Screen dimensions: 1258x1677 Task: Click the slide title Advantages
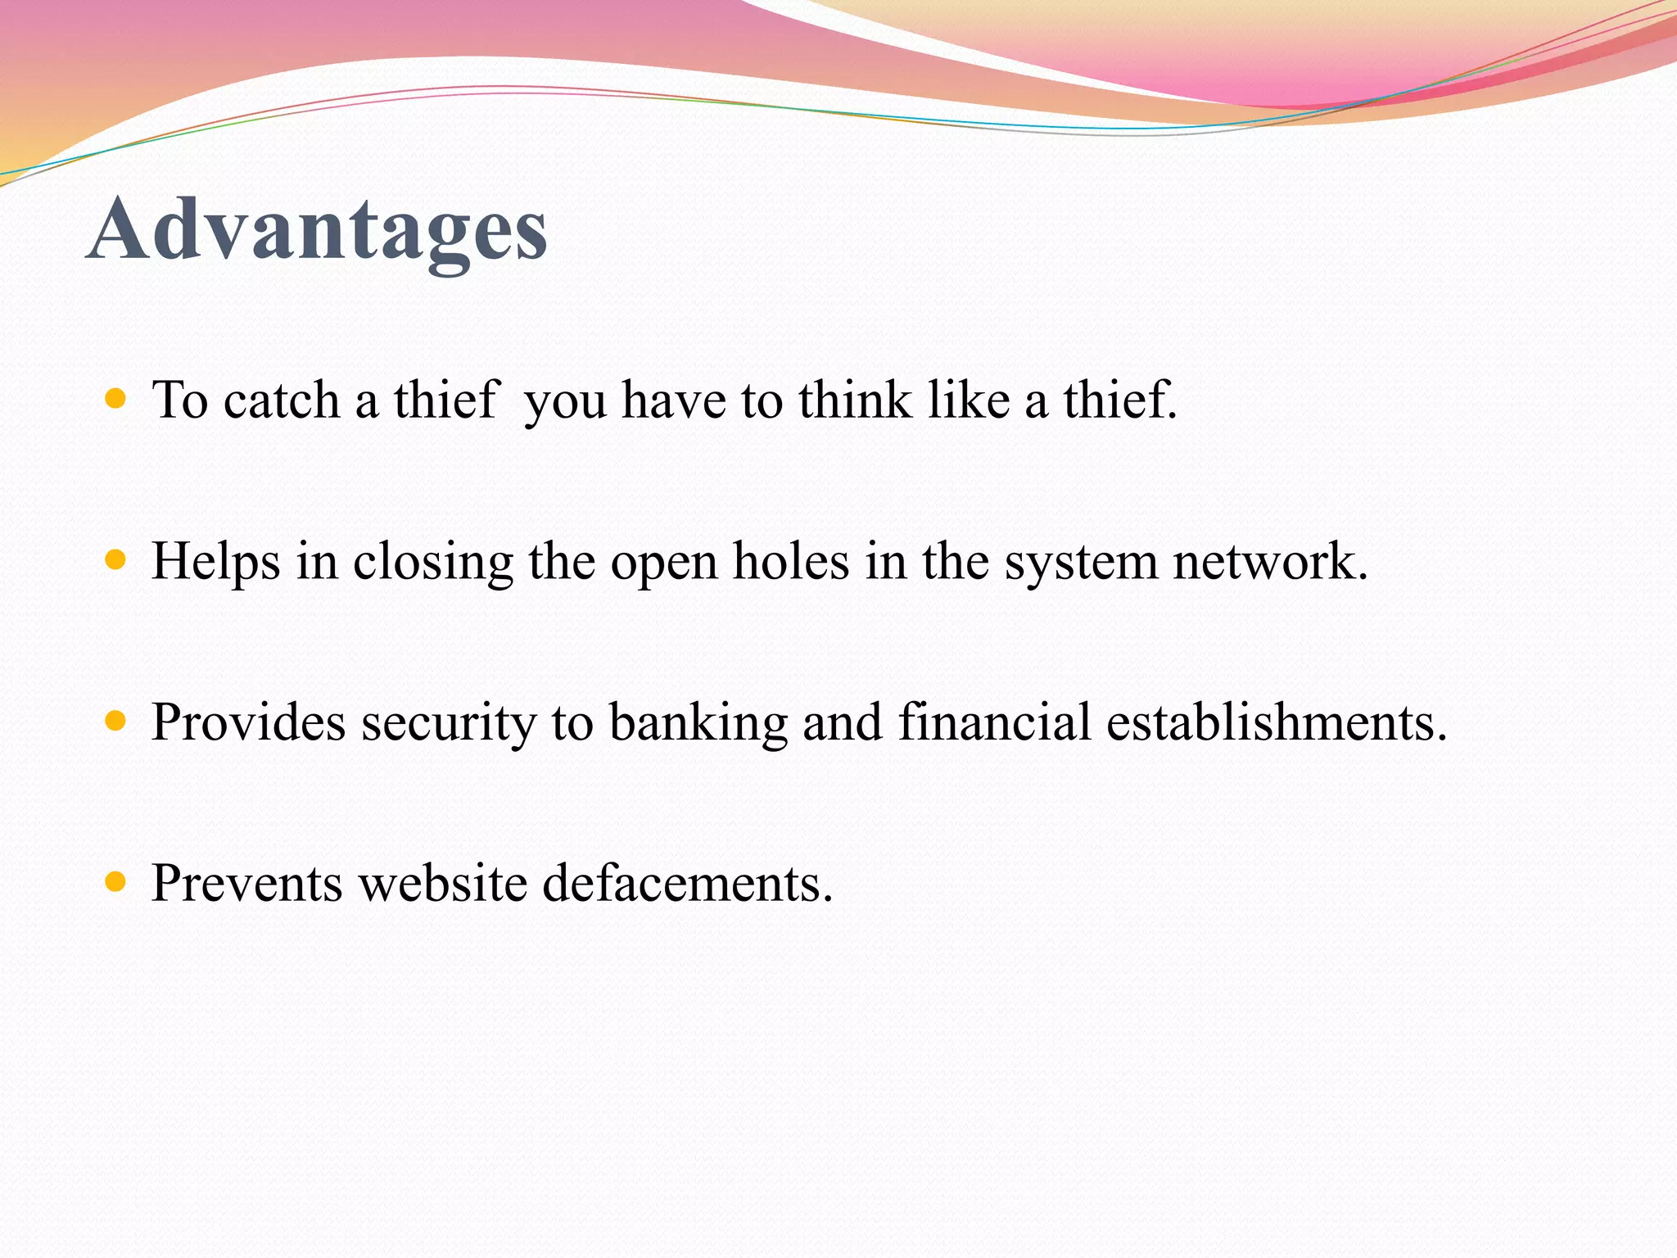coord(317,230)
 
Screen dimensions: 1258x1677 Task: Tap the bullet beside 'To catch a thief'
coord(116,400)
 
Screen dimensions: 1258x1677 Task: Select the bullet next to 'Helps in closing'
coord(116,560)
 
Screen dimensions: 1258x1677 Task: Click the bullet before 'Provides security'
coord(116,721)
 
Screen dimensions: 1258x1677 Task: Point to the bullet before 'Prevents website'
coord(116,882)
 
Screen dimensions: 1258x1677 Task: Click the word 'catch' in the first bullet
coord(281,400)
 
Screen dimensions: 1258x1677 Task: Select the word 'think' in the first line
coord(855,400)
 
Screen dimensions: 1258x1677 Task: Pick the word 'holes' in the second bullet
coord(790,562)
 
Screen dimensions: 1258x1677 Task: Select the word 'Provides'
coord(249,722)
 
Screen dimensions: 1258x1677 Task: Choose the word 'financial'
coord(994,722)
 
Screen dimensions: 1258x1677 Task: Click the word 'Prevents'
coord(247,884)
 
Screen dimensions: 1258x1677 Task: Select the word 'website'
coord(443,884)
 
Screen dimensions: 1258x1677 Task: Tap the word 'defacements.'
coord(688,884)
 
